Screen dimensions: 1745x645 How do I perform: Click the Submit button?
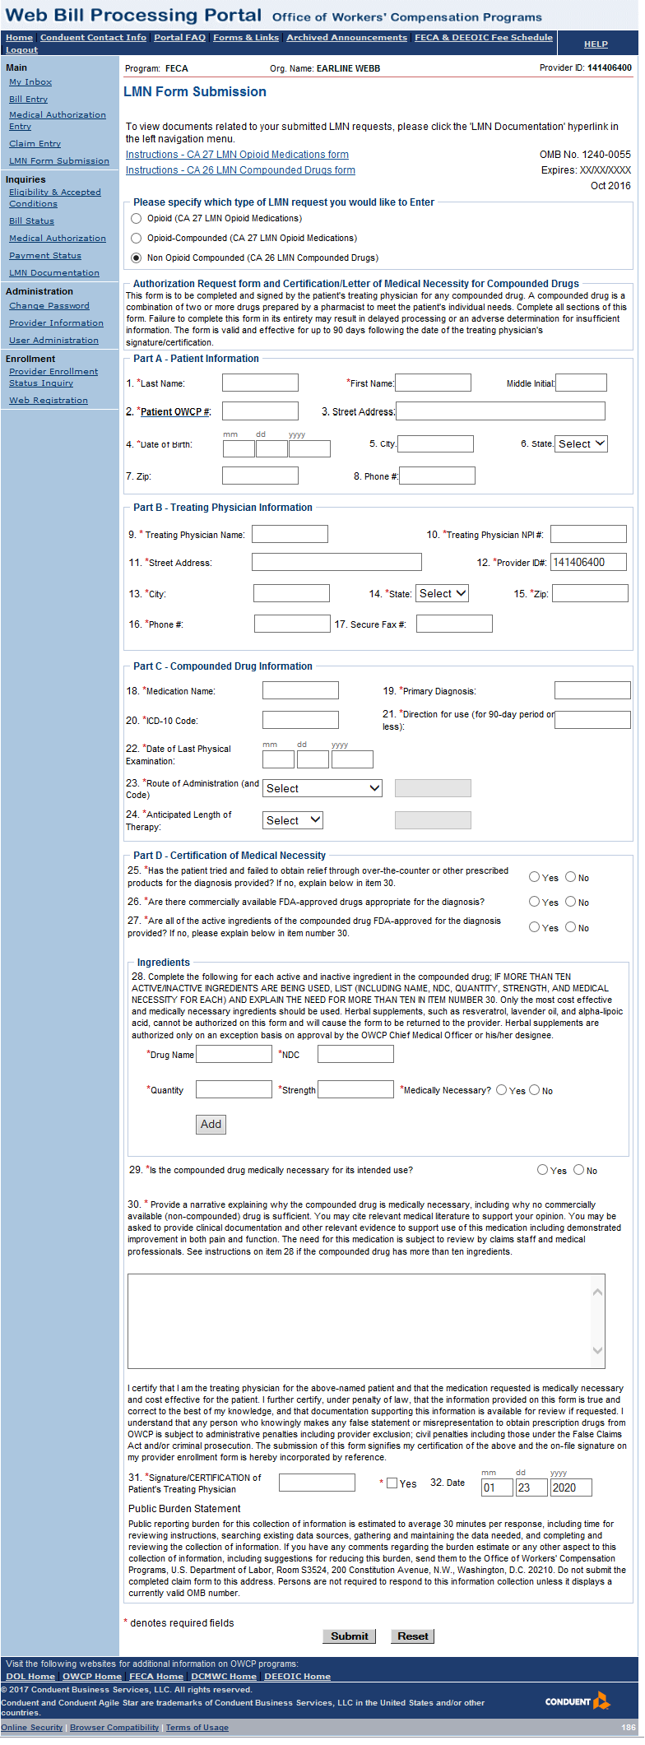tap(349, 1636)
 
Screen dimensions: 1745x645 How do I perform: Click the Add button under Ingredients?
tap(211, 1124)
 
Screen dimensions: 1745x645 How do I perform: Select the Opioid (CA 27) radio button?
tap(137, 219)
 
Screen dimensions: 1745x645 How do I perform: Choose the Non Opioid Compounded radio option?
tap(137, 258)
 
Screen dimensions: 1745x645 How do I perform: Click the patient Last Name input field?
tap(260, 383)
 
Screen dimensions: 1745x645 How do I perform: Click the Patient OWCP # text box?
tap(260, 411)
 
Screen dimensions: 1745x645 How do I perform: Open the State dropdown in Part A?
tap(581, 443)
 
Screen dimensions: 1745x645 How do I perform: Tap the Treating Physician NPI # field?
tap(588, 534)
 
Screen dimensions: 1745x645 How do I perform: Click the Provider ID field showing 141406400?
tap(588, 562)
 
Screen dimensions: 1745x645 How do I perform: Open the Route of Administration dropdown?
tap(322, 788)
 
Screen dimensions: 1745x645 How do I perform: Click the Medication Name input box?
tap(300, 690)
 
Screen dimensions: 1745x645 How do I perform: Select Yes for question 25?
tap(535, 877)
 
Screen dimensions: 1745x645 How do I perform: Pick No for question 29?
tap(579, 1170)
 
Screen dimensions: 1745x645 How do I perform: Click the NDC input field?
tap(355, 1054)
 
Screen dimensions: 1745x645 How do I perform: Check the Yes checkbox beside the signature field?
tap(392, 1483)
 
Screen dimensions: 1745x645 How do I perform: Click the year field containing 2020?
tap(571, 1487)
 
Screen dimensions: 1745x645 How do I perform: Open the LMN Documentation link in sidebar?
tap(54, 273)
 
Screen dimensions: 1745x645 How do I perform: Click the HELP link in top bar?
tap(596, 44)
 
